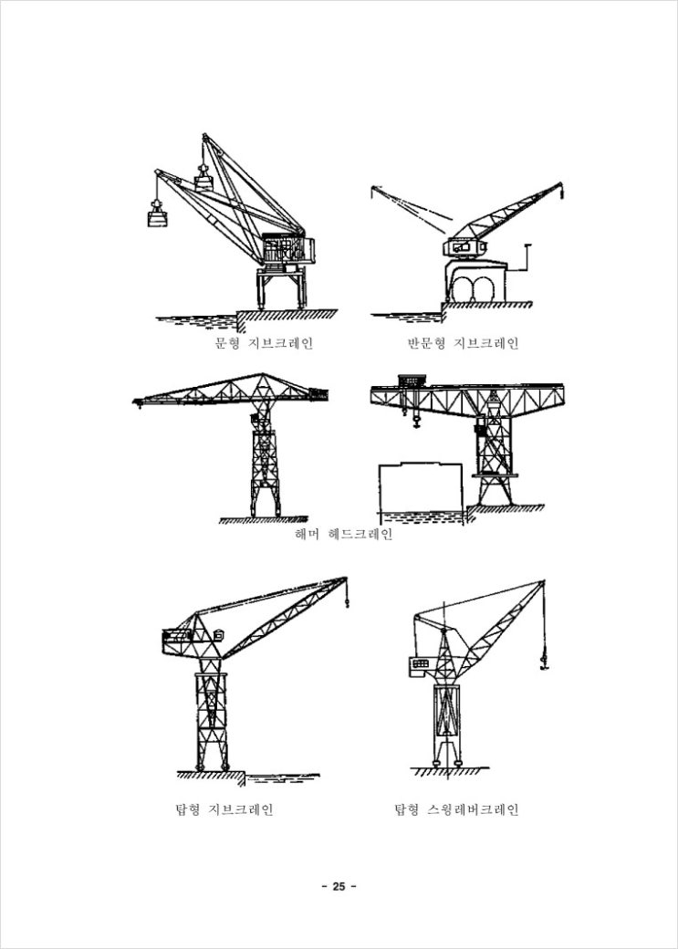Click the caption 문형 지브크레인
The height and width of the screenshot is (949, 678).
[x=264, y=344]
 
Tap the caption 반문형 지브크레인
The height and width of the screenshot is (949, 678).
[x=463, y=344]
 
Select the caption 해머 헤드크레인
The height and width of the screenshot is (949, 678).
[x=343, y=535]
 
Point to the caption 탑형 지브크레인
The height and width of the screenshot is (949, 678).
[x=224, y=809]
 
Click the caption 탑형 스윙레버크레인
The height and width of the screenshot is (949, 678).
[x=456, y=809]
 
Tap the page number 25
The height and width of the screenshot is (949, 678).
[x=339, y=887]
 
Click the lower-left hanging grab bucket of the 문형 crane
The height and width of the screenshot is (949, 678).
[x=157, y=215]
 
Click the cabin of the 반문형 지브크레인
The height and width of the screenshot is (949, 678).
[x=464, y=247]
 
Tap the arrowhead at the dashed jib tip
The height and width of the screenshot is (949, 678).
[x=374, y=188]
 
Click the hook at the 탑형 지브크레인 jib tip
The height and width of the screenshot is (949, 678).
[x=347, y=600]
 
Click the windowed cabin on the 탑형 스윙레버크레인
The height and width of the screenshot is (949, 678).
[x=419, y=664]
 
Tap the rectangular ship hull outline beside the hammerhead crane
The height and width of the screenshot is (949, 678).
[x=421, y=487]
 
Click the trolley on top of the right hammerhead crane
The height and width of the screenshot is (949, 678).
[x=412, y=381]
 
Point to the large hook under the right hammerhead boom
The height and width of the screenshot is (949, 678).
[x=416, y=419]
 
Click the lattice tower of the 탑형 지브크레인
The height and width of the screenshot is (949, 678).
[x=212, y=714]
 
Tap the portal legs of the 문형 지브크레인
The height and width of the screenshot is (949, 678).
[x=282, y=289]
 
